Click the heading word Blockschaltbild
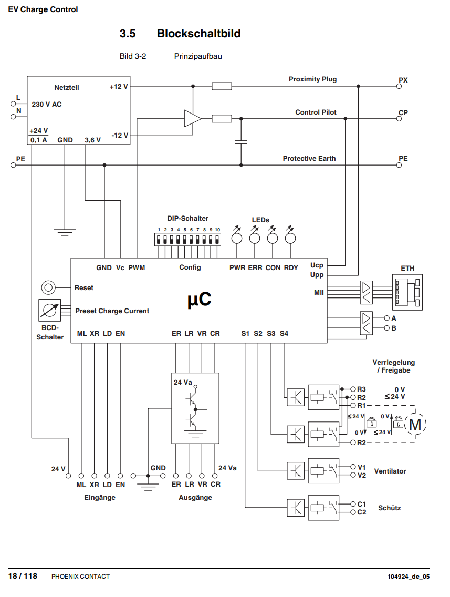pyautogui.click(x=198, y=34)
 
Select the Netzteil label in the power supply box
pyautogui.click(x=67, y=88)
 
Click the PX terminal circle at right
pyautogui.click(x=399, y=86)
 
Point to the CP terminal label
pyautogui.click(x=403, y=112)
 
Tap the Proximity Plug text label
pyautogui.click(x=312, y=79)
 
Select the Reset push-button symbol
pyautogui.click(x=48, y=287)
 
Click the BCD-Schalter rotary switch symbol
pyautogui.click(x=50, y=311)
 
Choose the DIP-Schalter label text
pyautogui.click(x=187, y=218)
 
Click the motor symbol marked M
pyautogui.click(x=415, y=424)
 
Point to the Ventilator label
pyautogui.click(x=390, y=471)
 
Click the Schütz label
pyautogui.click(x=389, y=508)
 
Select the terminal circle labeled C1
pyautogui.click(x=353, y=504)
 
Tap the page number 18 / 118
pyautogui.click(x=23, y=576)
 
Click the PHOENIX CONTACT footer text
pyautogui.click(x=80, y=577)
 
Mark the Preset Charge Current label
pyautogui.click(x=112, y=311)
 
